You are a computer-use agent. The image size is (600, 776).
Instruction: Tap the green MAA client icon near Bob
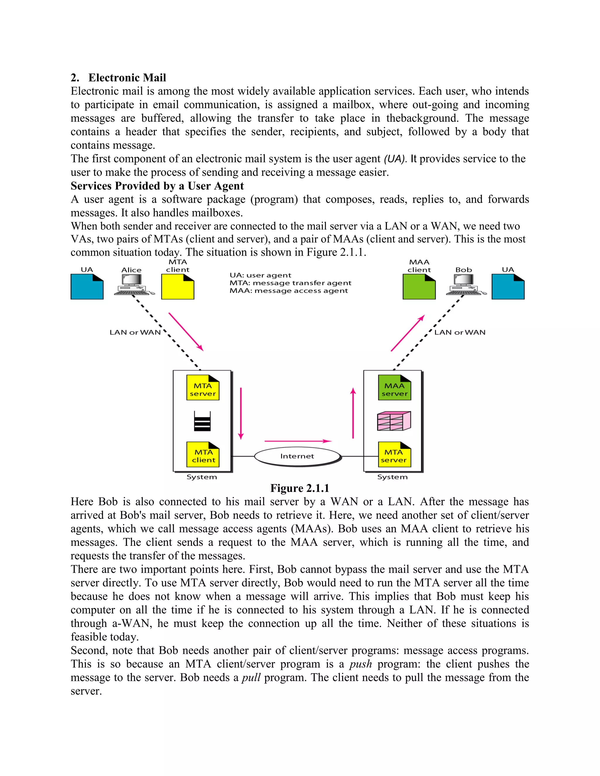419,287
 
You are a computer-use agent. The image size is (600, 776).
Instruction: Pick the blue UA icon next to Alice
87,287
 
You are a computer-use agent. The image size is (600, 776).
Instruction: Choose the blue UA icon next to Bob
508,287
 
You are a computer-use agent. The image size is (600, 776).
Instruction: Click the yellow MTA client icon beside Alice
178,287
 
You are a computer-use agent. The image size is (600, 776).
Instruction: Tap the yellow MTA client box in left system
203,455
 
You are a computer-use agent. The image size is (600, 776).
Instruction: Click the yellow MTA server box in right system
394,455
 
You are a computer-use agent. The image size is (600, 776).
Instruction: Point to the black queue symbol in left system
202,422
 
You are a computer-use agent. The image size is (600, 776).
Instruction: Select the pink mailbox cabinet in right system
394,421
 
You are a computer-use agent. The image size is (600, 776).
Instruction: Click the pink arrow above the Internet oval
298,441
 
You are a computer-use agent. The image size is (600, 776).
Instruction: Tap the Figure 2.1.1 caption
300,488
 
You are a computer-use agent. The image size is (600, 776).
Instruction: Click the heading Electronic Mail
127,78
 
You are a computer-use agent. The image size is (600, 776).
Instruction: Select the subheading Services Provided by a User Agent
157,186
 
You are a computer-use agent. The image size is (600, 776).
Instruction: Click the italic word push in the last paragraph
360,664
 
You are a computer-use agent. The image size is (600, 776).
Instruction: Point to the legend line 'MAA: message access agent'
289,291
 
